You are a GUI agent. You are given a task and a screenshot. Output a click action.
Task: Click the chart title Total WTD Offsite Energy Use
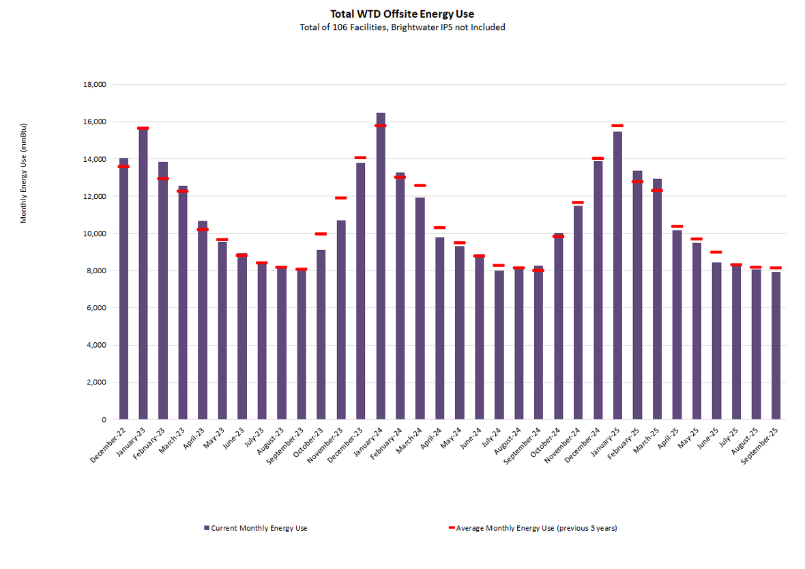pyautogui.click(x=402, y=14)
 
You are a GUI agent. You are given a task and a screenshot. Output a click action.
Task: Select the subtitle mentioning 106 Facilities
pyautogui.click(x=402, y=27)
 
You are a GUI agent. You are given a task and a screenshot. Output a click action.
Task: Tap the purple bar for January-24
pyautogui.click(x=381, y=266)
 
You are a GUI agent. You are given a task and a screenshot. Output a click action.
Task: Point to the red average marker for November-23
pyautogui.click(x=341, y=198)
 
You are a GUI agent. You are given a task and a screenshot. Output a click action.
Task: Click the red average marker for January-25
pyautogui.click(x=617, y=126)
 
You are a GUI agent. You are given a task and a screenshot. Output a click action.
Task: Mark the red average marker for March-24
pyautogui.click(x=420, y=185)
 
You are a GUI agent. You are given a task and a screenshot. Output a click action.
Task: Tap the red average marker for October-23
pyautogui.click(x=321, y=234)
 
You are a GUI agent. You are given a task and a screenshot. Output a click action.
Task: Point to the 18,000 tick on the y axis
pyautogui.click(x=93, y=85)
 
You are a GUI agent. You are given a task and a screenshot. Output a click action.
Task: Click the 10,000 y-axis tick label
pyautogui.click(x=93, y=234)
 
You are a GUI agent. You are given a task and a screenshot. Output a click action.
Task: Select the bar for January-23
pyautogui.click(x=143, y=273)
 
